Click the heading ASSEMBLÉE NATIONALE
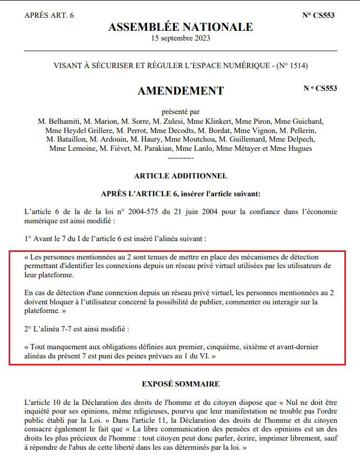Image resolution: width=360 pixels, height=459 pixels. click(x=181, y=26)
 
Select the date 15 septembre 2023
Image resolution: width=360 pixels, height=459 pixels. click(x=181, y=38)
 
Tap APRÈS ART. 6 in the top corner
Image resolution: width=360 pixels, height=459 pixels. click(x=49, y=15)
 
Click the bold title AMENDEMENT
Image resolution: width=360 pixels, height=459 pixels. click(x=181, y=91)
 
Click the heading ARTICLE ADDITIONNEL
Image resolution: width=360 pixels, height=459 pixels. click(x=181, y=176)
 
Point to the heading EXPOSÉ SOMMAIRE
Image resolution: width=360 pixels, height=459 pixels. click(x=181, y=384)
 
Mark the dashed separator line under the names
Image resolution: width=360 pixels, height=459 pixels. click(x=181, y=158)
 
